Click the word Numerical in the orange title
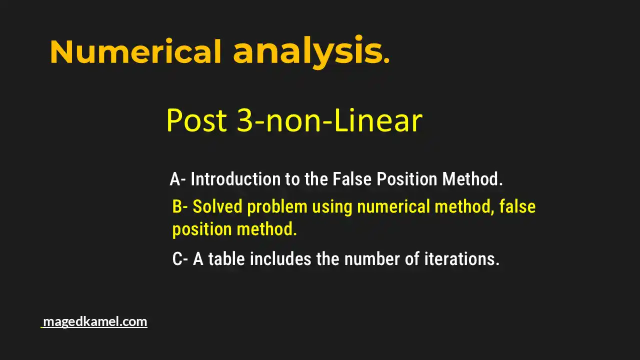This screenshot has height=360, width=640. pos(135,51)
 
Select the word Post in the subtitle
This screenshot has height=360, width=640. pos(197,120)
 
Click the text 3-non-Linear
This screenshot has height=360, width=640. pos(329,120)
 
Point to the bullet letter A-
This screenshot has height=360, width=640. pos(178,179)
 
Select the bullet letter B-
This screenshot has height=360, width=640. pos(180,206)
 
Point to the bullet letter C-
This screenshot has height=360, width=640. pos(180,259)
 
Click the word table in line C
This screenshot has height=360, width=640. pos(227,259)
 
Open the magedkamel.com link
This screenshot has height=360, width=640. pos(95,321)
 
